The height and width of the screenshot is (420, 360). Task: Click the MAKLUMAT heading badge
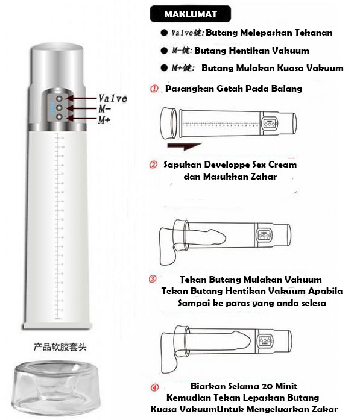point(191,14)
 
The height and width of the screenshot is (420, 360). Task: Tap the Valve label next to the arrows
point(113,99)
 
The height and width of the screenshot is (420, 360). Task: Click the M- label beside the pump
point(104,108)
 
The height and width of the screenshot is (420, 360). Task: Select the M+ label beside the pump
point(104,120)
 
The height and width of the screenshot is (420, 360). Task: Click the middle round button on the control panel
point(59,108)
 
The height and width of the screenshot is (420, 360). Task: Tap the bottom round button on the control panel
point(59,117)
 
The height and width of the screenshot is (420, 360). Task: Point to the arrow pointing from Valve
point(81,98)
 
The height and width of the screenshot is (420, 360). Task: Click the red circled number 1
point(154,89)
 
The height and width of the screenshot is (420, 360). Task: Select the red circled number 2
point(153,164)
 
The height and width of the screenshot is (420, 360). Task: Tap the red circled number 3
point(153,279)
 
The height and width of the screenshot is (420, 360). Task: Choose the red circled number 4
point(154,387)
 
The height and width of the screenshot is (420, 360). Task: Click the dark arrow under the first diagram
point(184,146)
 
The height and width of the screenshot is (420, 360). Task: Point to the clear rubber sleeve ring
point(55,387)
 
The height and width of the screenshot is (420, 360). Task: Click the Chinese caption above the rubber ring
point(60,348)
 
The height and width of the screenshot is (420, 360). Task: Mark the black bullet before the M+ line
point(164,67)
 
